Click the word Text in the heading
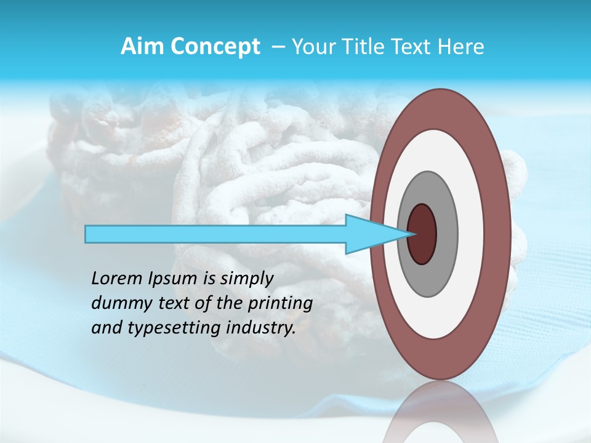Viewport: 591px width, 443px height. pos(408,47)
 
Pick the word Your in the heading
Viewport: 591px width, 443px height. pos(312,47)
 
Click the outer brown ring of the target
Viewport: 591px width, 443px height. pos(441,108)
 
